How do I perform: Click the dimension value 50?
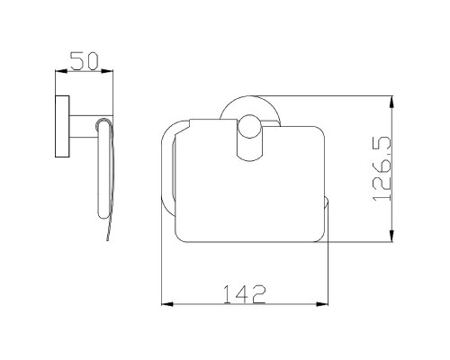[x=85, y=61]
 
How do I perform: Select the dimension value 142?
[x=245, y=294]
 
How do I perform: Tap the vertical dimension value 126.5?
[x=382, y=169]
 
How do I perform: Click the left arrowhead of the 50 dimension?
[x=61, y=71]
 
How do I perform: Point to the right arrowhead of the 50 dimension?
[x=107, y=71]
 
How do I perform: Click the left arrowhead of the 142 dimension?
[x=167, y=304]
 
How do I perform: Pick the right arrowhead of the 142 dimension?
[x=322, y=304]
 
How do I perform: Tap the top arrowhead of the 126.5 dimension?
[x=391, y=102]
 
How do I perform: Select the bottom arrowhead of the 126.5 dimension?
[x=391, y=236]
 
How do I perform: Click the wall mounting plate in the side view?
[x=62, y=126]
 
